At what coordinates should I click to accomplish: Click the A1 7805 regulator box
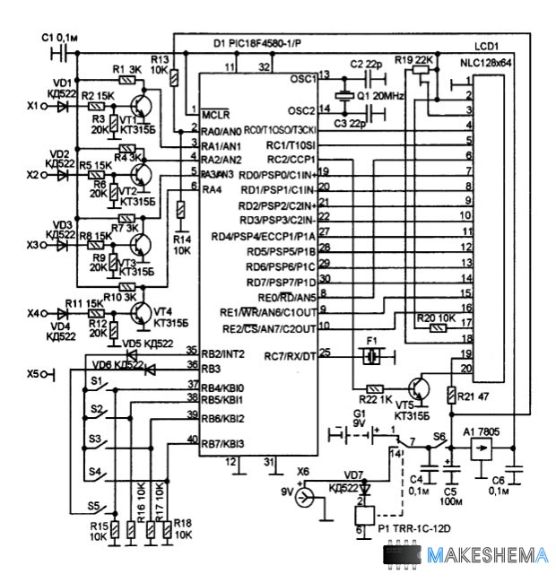[480, 450]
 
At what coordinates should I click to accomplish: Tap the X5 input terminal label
[34, 373]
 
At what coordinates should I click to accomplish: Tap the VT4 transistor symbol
[140, 311]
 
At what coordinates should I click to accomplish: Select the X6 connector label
[304, 472]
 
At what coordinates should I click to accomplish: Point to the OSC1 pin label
[301, 78]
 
